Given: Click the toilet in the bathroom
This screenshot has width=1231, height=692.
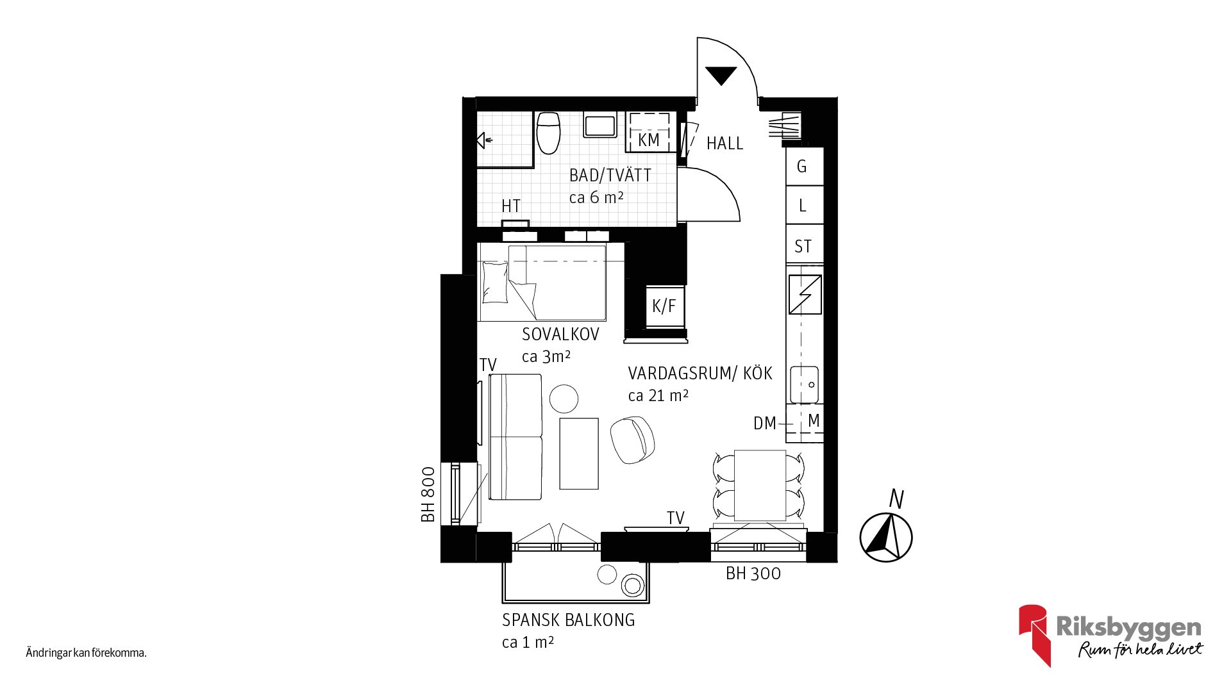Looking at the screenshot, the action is [x=548, y=133].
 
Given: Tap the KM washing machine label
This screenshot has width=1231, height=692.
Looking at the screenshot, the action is [x=649, y=140].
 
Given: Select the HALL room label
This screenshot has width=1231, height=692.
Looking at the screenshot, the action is [x=724, y=144].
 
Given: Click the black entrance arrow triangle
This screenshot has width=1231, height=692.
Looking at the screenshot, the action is [x=721, y=76].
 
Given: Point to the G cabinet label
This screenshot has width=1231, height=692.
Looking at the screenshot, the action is [x=801, y=167].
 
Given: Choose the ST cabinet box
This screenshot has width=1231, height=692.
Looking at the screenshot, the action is [x=805, y=244].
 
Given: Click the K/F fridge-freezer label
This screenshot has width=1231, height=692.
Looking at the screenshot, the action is [x=664, y=306].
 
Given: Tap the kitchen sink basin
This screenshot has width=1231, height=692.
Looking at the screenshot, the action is [x=804, y=384].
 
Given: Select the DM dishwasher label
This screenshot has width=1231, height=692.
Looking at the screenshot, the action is [x=764, y=423].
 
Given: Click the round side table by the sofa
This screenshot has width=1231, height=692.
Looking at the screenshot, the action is [x=564, y=399].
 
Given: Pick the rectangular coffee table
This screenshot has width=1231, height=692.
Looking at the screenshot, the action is [x=579, y=454].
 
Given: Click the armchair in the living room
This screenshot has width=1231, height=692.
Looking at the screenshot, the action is [x=632, y=440].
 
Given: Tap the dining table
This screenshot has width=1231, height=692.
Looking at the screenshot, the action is [x=760, y=485].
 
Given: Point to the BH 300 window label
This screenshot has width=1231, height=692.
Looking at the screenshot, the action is [x=753, y=573].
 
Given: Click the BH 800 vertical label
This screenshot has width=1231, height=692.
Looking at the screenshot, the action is [x=428, y=494].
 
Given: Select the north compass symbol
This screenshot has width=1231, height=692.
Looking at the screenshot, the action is [x=886, y=537].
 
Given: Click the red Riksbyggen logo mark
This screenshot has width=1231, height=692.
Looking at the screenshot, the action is [x=1034, y=634].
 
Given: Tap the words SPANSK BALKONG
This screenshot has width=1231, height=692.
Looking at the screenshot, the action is [x=568, y=620].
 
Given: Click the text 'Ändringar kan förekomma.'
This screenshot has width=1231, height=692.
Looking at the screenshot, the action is [x=87, y=654].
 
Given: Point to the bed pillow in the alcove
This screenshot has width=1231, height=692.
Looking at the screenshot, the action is [x=495, y=282].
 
